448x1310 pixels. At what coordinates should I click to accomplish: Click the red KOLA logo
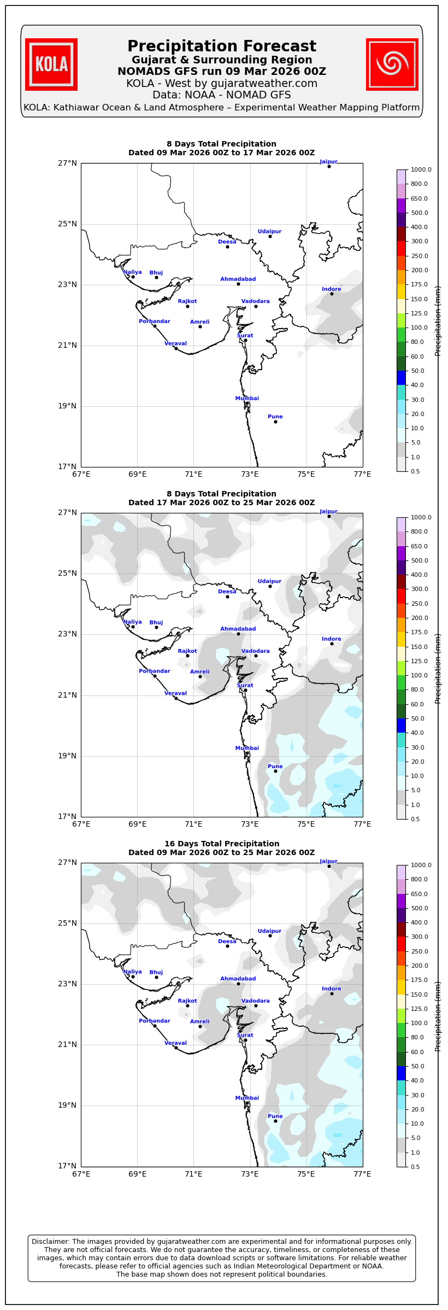[x=51, y=65]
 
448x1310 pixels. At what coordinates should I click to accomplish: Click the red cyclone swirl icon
[x=392, y=65]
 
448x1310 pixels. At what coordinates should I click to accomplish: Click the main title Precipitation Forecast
[x=221, y=46]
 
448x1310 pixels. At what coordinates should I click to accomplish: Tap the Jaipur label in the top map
[x=328, y=162]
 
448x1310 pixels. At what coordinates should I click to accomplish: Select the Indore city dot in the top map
[x=332, y=294]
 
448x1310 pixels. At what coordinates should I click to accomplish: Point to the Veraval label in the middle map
[x=175, y=693]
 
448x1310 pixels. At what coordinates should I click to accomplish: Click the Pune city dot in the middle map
[x=275, y=771]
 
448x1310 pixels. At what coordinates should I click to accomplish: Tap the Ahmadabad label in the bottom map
[x=238, y=979]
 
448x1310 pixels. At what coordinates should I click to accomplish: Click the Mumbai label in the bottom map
[x=247, y=1098]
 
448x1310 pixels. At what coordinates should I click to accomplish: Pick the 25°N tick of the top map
[x=68, y=224]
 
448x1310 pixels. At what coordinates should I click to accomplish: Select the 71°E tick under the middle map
[x=193, y=824]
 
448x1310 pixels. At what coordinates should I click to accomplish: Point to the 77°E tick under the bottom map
[x=362, y=1174]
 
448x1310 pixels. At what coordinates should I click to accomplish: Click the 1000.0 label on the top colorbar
[x=421, y=170]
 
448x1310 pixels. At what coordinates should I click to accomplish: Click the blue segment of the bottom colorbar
[x=401, y=1073]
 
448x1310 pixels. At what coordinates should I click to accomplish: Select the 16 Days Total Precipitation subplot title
[x=221, y=844]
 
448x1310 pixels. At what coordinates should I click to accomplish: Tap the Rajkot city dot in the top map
[x=187, y=306]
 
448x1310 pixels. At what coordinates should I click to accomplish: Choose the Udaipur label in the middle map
[x=269, y=581]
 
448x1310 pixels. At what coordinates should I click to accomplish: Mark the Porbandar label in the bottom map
[x=154, y=1021]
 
